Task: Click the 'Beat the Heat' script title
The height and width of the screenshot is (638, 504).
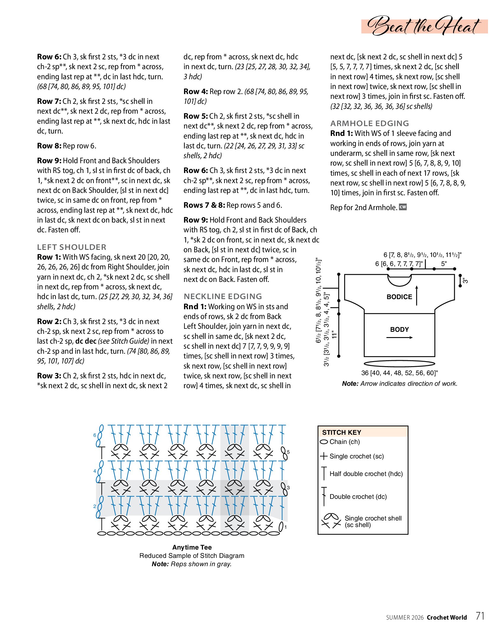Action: coord(424,26)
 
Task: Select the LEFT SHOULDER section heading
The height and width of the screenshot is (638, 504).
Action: coord(71,247)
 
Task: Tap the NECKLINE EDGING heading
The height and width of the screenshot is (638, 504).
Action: coord(223,296)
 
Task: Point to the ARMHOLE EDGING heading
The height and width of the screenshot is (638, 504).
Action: coord(369,123)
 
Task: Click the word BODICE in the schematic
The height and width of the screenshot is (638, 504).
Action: coord(399,297)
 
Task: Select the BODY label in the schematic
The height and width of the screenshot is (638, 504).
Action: coord(399,329)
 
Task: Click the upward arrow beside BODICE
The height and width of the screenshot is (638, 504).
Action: coord(417,296)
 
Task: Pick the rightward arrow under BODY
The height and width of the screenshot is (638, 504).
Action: coord(399,337)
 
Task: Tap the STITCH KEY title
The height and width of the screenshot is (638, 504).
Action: coord(342,432)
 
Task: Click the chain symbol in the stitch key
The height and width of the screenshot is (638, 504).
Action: coord(324,442)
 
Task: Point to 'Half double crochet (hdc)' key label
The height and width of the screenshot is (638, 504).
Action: coord(366,474)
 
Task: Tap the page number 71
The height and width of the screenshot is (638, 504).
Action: coord(480,616)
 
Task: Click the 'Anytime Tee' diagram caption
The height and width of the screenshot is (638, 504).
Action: coord(192,547)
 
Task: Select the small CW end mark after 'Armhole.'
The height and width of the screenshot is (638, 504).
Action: coord(403,207)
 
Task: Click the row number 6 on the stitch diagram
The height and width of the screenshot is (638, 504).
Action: coord(95,435)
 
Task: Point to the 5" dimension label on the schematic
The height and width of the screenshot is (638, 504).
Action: coord(444,264)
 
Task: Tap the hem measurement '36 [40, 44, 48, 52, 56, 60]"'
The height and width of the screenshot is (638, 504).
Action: coord(399,373)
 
